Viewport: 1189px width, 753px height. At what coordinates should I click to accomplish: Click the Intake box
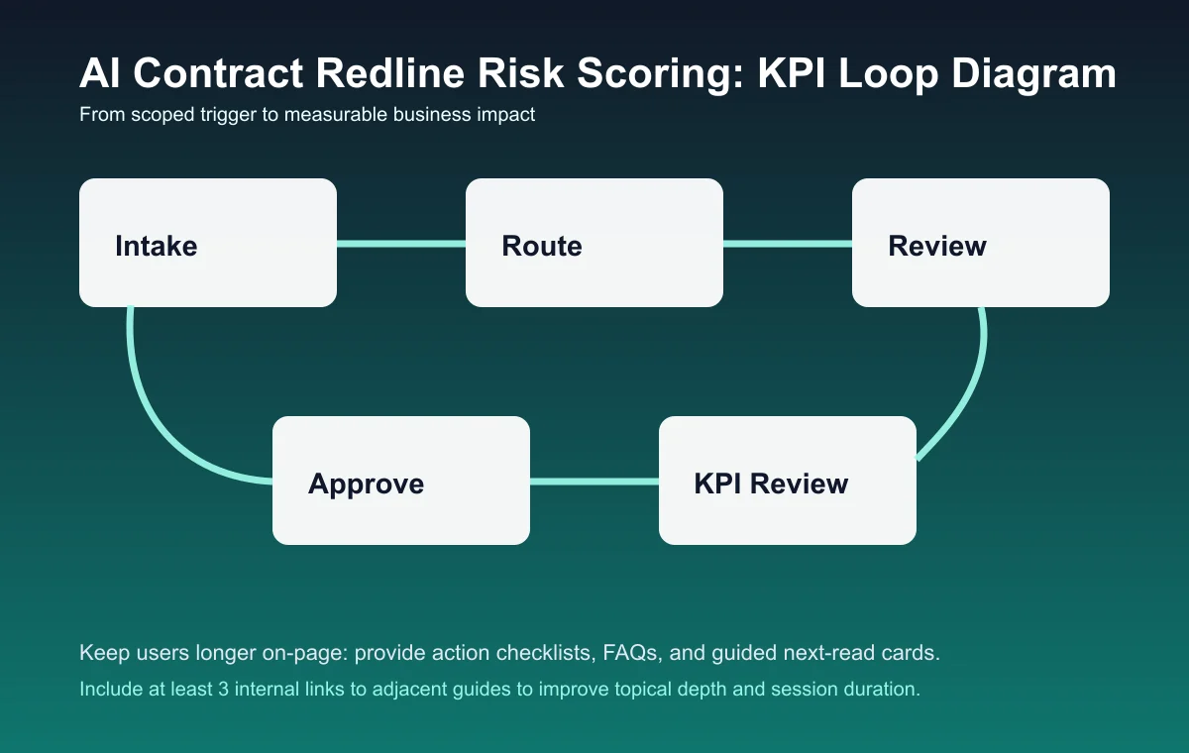208,243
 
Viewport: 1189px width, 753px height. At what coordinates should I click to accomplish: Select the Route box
594,243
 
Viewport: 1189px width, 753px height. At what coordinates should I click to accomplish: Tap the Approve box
401,481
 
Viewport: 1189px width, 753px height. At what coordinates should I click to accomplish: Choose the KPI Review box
788,481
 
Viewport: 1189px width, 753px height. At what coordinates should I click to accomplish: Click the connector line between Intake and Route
401,244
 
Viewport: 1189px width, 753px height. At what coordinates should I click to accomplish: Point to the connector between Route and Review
788,244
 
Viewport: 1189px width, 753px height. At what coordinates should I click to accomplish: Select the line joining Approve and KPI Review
594,482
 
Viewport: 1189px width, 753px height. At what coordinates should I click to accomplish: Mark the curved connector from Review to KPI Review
966,396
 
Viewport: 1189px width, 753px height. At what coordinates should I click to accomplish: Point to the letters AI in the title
99,75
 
